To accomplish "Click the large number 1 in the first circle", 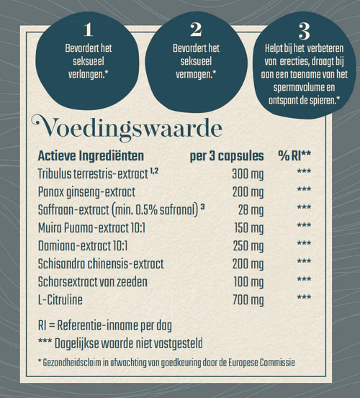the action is pos(89,30).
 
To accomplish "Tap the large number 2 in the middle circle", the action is pos(196,30).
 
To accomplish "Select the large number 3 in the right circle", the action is pos(304,31).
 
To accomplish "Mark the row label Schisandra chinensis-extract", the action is pos(101,262).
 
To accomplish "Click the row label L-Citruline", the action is pos(63,297).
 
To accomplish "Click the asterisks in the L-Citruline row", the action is pos(304,297).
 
